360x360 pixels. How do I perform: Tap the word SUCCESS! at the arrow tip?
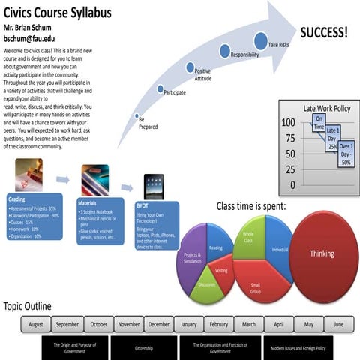click(323, 32)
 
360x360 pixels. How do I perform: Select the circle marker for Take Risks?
click(260, 41)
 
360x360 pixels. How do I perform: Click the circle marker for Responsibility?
click(225, 50)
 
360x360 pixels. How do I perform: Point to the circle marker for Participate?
click(160, 88)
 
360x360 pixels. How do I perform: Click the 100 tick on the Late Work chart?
click(288, 123)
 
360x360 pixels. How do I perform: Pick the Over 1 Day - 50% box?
click(346, 153)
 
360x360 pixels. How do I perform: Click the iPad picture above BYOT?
click(153, 185)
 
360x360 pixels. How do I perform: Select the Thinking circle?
click(321, 253)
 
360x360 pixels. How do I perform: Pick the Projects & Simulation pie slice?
click(192, 256)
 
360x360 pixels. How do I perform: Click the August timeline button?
click(36, 324)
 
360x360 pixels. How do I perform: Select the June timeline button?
click(338, 324)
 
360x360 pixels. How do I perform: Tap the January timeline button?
click(189, 324)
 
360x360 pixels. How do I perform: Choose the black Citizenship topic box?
click(143, 348)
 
